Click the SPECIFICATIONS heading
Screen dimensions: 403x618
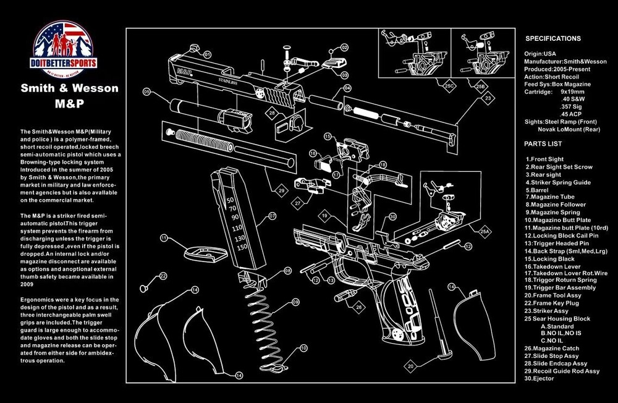[x=552, y=38]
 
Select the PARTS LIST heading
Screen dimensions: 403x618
[x=543, y=143]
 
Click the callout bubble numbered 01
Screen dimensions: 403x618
[x=207, y=55]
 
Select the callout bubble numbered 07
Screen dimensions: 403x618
[x=271, y=216]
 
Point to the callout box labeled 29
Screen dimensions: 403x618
[x=281, y=191]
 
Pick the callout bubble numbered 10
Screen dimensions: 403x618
[x=303, y=348]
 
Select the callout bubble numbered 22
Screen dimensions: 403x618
[x=163, y=276]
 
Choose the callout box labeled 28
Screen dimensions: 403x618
[x=271, y=112]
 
